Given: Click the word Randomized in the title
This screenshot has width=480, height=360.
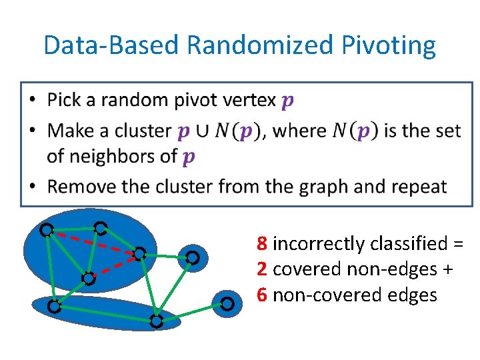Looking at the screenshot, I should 259,45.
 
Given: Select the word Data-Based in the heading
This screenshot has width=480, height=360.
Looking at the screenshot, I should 111,45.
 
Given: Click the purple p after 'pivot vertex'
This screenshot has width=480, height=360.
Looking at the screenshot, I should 287,101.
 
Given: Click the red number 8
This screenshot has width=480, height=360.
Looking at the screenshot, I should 262,243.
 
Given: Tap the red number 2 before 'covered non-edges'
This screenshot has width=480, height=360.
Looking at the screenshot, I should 262,269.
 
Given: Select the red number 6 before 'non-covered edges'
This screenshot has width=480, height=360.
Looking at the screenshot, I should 262,294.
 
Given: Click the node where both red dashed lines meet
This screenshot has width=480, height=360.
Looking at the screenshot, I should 139,254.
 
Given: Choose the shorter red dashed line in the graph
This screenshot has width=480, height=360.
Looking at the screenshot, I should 113,266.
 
